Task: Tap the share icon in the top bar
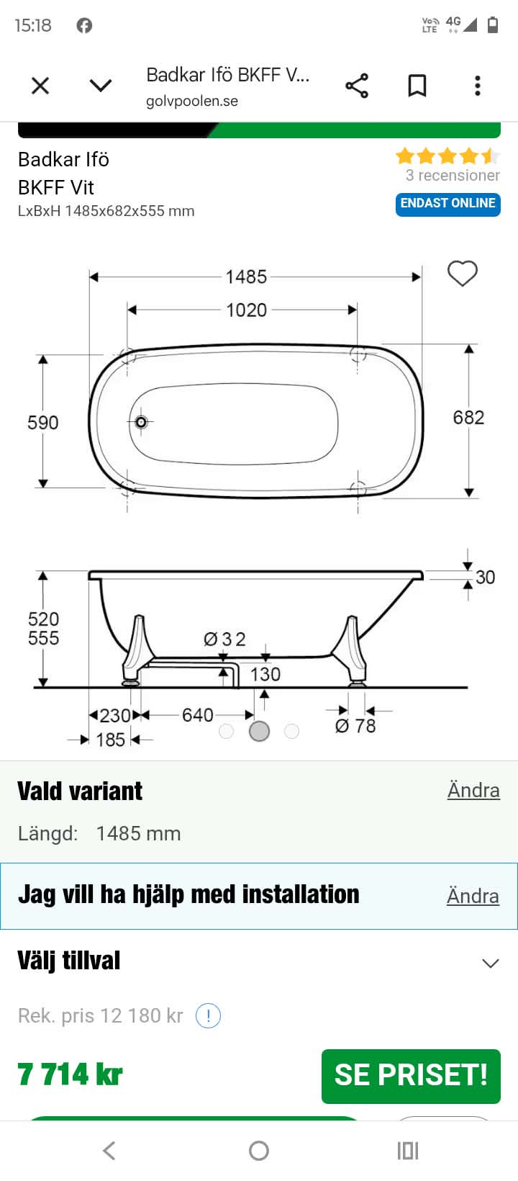coord(357,86)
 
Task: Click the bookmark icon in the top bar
coord(417,86)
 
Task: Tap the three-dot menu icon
coord(478,86)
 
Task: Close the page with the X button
coord(40,86)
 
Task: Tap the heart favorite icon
coord(462,273)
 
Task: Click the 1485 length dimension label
coord(246,277)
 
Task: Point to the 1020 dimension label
coord(246,310)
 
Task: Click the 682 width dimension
coord(468,418)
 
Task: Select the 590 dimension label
coord(42,423)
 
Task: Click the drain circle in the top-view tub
coord(141,422)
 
